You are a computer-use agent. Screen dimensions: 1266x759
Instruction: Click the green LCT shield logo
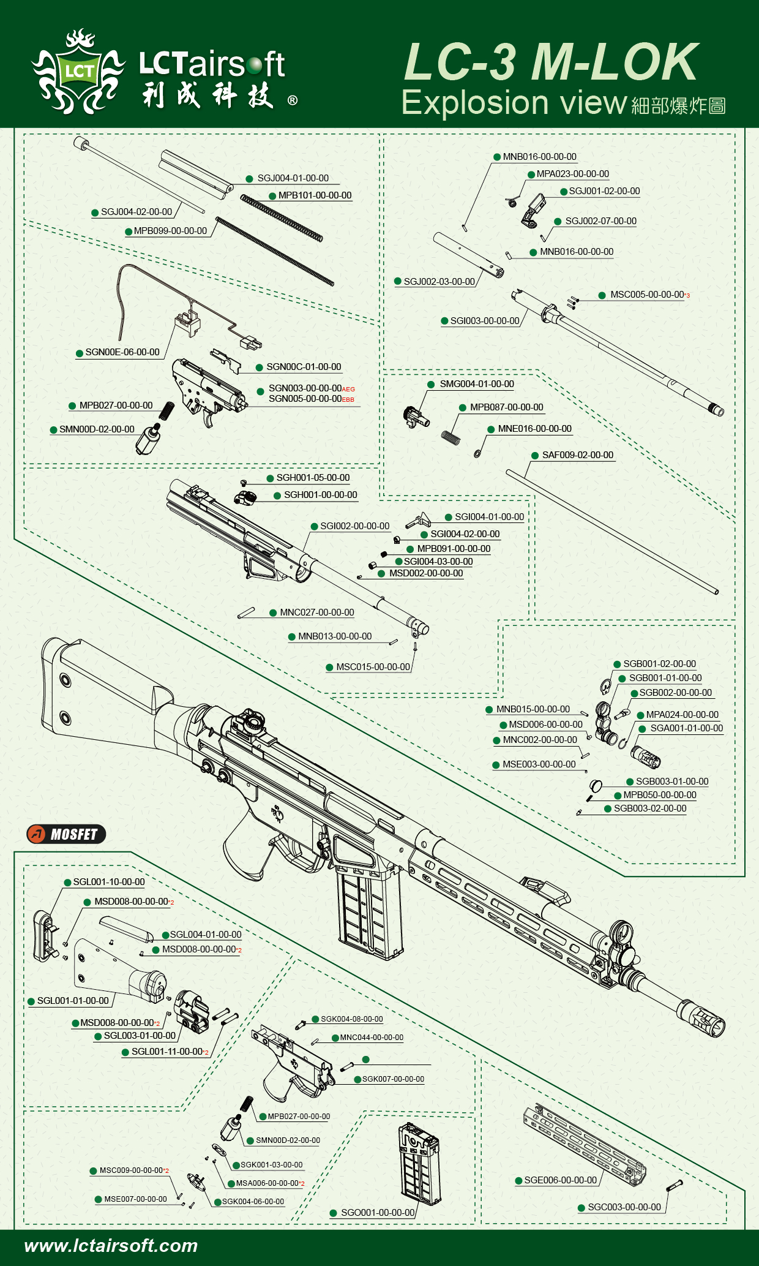79,72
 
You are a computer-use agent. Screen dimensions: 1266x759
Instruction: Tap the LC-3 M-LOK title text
550,62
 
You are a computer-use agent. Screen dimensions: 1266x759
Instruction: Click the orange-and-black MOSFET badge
66,834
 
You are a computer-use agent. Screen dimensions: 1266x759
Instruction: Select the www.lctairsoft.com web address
111,1245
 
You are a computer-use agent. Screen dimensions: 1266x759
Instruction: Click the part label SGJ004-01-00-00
293,178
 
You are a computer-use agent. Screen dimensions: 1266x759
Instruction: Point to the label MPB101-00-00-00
315,195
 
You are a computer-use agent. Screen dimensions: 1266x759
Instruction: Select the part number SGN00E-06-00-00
122,352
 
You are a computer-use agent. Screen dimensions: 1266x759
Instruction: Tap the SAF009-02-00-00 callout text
577,455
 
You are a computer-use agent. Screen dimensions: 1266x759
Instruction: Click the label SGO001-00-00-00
378,1213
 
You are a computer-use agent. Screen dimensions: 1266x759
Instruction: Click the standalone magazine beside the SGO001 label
419,1164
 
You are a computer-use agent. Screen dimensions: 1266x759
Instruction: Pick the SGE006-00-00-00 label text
560,1180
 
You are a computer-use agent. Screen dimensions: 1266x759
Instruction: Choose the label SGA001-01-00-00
686,728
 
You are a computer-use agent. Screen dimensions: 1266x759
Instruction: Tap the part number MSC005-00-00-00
646,295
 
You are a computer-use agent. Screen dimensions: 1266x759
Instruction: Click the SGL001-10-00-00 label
109,882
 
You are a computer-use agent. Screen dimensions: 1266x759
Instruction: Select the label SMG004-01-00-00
477,384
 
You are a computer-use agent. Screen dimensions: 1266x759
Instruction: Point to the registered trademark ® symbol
293,100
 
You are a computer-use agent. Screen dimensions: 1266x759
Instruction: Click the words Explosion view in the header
514,103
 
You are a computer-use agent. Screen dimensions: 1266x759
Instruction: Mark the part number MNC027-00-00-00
316,612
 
